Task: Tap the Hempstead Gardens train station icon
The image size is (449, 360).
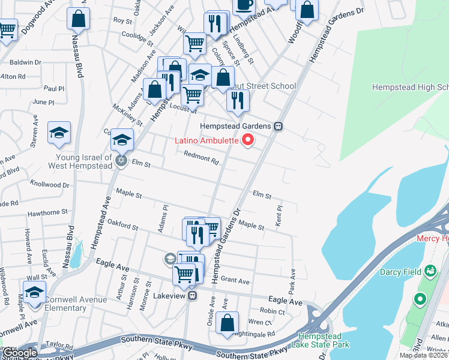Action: pos(278,127)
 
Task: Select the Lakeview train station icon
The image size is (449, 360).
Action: pos(192,295)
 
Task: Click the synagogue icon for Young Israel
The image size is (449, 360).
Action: pos(121,161)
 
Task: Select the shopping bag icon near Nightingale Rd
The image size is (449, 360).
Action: pos(228,322)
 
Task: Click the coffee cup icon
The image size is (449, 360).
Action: pos(243,5)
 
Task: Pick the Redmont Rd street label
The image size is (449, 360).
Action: pos(201,158)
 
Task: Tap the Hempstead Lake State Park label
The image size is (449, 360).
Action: pos(321,340)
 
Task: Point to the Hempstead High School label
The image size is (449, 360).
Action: pos(410,87)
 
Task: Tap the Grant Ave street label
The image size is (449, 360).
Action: pos(235,281)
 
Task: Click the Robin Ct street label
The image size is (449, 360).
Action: pos(273,311)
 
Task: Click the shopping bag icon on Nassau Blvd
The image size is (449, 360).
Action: pos(78,19)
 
